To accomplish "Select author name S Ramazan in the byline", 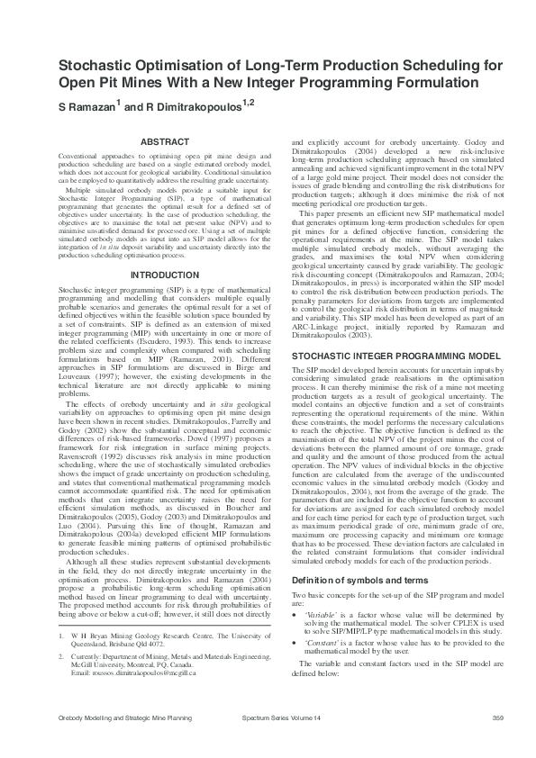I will (x=86, y=107).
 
